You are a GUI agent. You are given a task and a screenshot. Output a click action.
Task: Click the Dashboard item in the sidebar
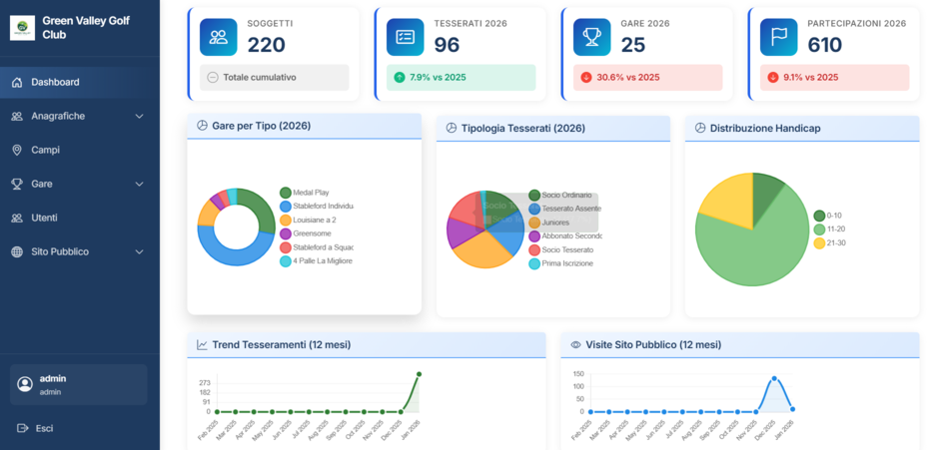pyautogui.click(x=55, y=82)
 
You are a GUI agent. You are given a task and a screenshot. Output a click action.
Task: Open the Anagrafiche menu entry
pyautogui.click(x=58, y=116)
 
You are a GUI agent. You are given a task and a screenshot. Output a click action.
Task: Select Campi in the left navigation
pyautogui.click(x=45, y=150)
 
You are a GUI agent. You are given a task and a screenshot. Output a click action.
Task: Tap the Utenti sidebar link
pyautogui.click(x=44, y=218)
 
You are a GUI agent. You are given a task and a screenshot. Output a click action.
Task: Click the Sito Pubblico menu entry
pyautogui.click(x=60, y=251)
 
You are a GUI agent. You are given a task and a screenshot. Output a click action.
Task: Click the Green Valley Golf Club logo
pyautogui.click(x=22, y=27)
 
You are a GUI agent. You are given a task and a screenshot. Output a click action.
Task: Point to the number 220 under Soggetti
pyautogui.click(x=266, y=45)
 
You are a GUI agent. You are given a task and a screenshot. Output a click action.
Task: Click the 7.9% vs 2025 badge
pyautogui.click(x=461, y=78)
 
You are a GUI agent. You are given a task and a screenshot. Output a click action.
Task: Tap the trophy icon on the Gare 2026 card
pyautogui.click(x=591, y=37)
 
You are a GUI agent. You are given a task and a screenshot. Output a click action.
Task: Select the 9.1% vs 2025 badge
pyautogui.click(x=834, y=78)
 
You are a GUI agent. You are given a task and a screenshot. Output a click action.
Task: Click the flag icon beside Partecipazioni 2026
pyautogui.click(x=778, y=37)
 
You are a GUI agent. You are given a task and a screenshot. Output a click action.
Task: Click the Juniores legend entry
pyautogui.click(x=555, y=223)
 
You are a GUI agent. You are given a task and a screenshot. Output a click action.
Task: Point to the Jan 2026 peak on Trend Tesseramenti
pyautogui.click(x=419, y=374)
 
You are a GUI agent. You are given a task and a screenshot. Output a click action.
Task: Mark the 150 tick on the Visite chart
pyautogui.click(x=578, y=374)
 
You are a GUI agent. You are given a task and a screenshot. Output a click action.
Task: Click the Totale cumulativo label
pyautogui.click(x=259, y=78)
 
